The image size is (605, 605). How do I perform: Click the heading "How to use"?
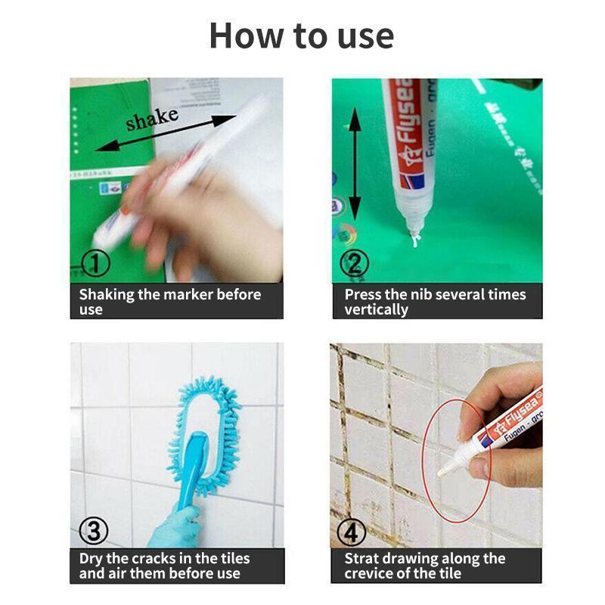(x=301, y=36)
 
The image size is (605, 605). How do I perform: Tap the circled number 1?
(x=95, y=263)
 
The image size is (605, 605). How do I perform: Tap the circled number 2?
(x=354, y=263)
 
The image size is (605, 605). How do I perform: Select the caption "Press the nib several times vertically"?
(x=435, y=301)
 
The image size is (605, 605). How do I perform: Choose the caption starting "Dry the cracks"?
(x=164, y=566)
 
